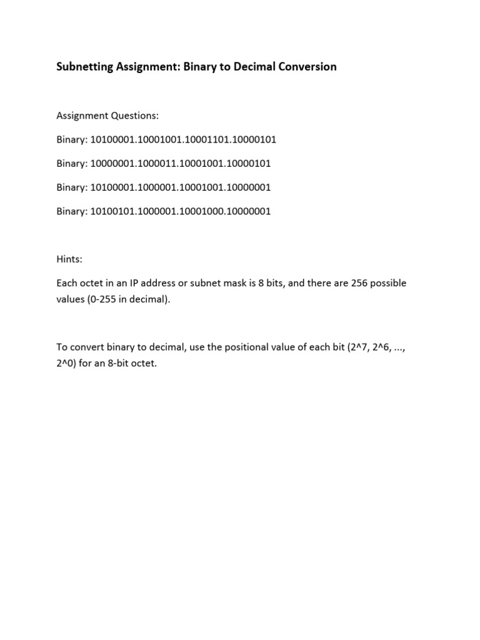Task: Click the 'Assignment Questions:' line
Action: (x=107, y=116)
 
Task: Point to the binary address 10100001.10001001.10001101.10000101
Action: (x=183, y=139)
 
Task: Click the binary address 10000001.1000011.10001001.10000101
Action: (x=181, y=163)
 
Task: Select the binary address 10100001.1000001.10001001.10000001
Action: (x=181, y=187)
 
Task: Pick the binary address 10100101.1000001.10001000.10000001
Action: (x=181, y=211)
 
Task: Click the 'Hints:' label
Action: (x=70, y=259)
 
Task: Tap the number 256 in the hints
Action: (x=338, y=283)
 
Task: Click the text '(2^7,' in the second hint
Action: (x=361, y=347)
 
